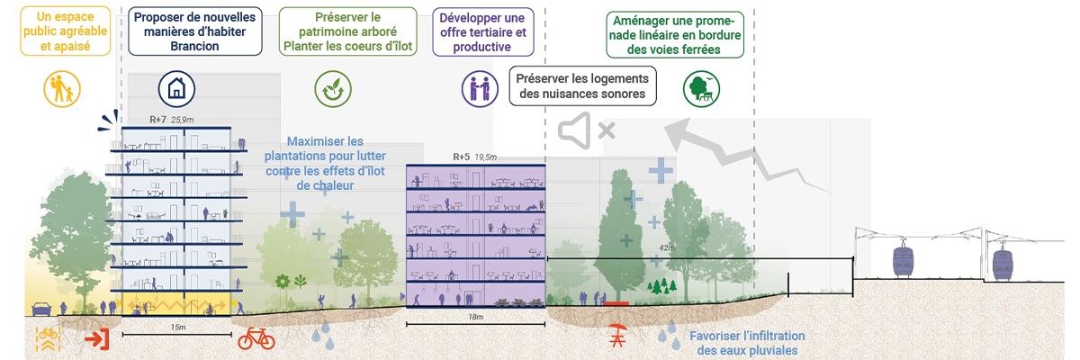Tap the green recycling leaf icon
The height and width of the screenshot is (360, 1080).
coord(333,88)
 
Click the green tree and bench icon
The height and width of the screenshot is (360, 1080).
coord(699,87)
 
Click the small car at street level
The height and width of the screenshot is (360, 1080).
coord(41,310)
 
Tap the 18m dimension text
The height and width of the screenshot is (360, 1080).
coord(475,318)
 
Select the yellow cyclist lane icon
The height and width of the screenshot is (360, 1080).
coord(47,339)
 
